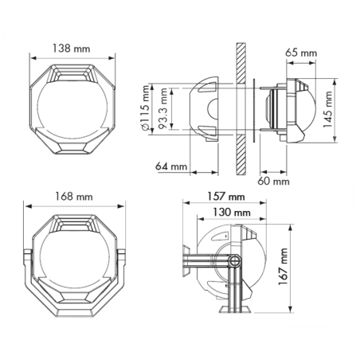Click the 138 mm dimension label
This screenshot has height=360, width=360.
71,49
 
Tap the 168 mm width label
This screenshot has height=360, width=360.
74,197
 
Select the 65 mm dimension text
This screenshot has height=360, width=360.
301,53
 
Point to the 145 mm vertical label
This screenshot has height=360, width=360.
327,109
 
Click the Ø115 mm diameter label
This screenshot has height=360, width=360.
146,108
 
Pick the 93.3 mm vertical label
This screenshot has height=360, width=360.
162,108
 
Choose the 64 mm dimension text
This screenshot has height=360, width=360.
171,166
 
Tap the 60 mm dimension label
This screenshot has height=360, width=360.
273,181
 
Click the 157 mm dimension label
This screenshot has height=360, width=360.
226,197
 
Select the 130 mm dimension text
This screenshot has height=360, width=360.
232,212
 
